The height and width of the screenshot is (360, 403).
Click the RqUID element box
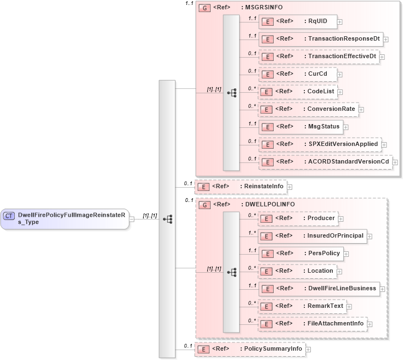(x=297, y=21)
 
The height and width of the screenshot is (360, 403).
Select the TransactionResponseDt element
(x=320, y=39)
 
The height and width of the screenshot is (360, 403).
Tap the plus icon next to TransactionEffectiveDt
(x=382, y=57)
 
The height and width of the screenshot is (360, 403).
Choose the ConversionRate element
(x=308, y=109)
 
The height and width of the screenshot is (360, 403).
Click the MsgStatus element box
(x=300, y=127)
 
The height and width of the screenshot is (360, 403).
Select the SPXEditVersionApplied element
(x=320, y=144)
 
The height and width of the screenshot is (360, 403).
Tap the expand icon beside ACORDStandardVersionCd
(x=395, y=162)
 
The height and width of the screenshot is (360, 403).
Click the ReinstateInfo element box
(x=241, y=187)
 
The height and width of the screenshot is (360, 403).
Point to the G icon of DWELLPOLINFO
(x=204, y=205)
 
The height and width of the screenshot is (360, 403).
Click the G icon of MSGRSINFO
(x=204, y=8)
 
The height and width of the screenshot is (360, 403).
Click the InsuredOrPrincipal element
(x=313, y=236)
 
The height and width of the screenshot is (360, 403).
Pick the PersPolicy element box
(x=301, y=254)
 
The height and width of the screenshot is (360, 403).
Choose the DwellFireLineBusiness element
(x=319, y=289)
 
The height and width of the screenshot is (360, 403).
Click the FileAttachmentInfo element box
(x=313, y=324)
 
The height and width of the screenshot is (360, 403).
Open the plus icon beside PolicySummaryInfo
(x=308, y=349)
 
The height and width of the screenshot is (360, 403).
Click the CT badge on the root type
(x=9, y=216)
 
